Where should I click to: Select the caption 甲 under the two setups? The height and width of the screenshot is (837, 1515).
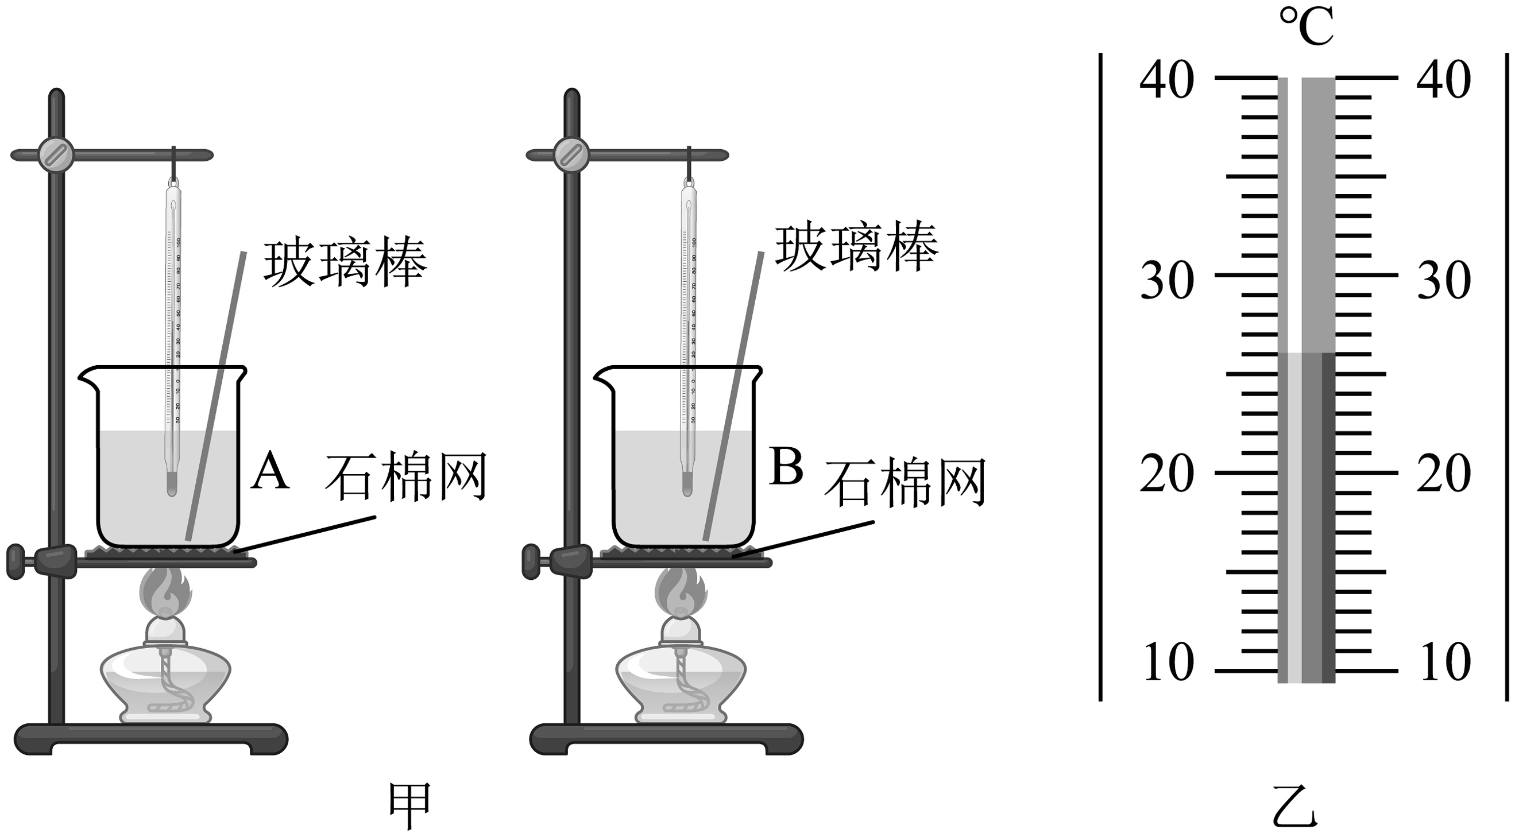coord(410,806)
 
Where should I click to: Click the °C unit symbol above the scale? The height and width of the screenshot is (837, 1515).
coord(1306,27)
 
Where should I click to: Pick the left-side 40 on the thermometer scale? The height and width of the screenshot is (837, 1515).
coord(1167,80)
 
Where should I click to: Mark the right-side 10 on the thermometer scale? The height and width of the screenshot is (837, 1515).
coord(1444,662)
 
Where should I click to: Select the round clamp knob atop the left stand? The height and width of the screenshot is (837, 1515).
coord(56,154)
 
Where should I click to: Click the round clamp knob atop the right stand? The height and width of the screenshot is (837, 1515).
coord(571,154)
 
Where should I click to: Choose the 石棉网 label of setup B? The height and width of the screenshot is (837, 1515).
coord(905,484)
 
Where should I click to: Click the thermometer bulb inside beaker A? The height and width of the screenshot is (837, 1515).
coord(172,485)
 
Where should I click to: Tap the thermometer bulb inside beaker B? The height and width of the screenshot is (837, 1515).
coord(687,485)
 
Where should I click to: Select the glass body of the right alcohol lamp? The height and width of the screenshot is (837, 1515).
coord(681,682)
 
